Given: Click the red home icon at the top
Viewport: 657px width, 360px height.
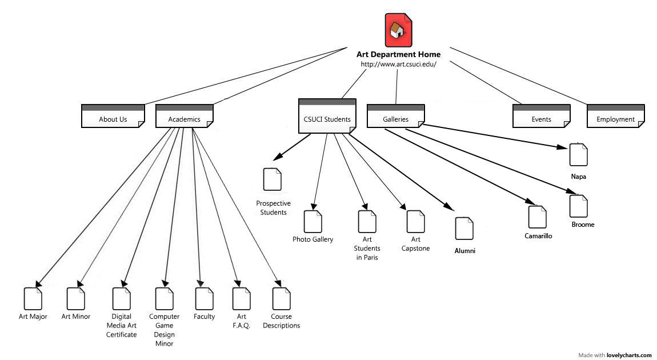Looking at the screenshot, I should (398, 30).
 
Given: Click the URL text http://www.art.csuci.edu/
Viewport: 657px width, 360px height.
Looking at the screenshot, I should (398, 64).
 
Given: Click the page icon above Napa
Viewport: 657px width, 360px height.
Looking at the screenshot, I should (578, 155).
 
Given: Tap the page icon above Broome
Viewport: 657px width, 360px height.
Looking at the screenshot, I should (578, 206).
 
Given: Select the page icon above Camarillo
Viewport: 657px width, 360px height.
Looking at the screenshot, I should (537, 217).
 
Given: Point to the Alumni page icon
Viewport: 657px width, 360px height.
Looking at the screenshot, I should (464, 229).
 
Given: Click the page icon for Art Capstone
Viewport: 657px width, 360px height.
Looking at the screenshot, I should (415, 222).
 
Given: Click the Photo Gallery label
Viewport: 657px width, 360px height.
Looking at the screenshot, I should (313, 239).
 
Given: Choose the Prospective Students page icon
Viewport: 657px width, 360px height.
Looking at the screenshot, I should (272, 179).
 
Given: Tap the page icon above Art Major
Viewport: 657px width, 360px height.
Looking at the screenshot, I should (33, 299).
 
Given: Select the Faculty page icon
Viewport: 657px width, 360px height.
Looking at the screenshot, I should (204, 299).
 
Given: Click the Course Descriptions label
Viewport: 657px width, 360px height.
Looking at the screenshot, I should (281, 321).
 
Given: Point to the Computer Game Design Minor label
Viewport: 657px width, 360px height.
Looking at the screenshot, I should (164, 330).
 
